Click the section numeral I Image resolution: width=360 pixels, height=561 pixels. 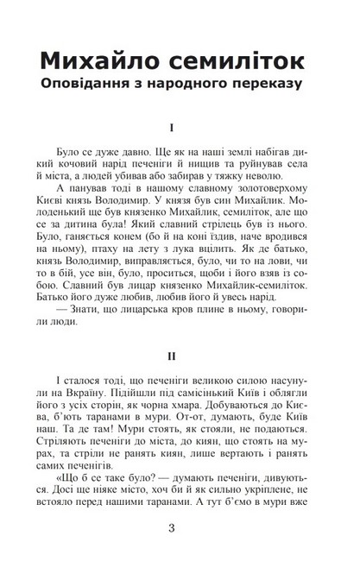pos(173,129)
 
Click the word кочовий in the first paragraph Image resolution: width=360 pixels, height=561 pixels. pos(94,166)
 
